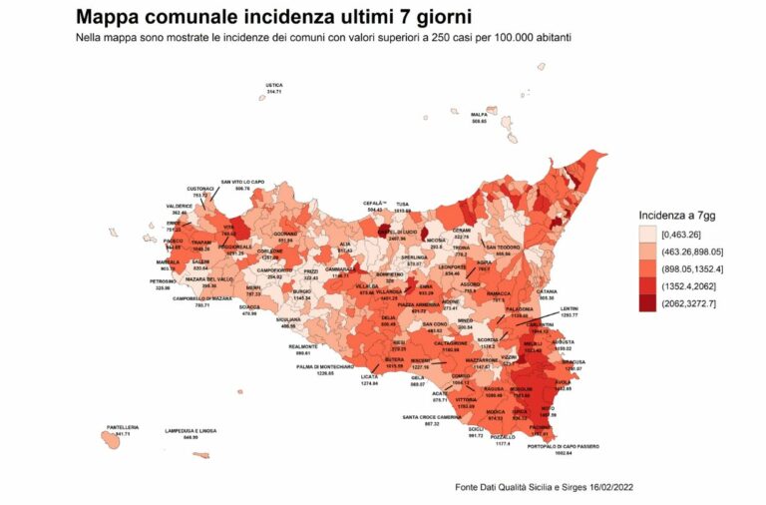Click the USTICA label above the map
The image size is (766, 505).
(x=274, y=86)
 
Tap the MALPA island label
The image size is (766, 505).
(x=479, y=115)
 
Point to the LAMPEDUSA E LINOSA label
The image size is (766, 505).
(x=190, y=431)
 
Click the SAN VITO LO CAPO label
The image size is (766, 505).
(x=242, y=182)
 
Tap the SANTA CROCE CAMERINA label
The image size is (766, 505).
(x=432, y=417)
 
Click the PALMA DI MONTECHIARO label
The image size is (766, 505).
(x=325, y=366)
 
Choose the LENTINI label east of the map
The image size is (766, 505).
(x=570, y=308)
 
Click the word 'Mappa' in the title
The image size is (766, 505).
(x=112, y=17)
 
